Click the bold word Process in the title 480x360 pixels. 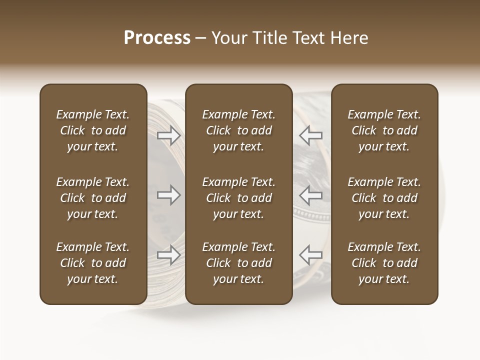coord(157,38)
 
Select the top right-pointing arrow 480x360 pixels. coord(168,135)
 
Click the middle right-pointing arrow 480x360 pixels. coord(168,195)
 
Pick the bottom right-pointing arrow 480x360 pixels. coord(168,255)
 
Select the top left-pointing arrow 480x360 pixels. coord(310,135)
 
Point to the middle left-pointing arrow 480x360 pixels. coord(310,195)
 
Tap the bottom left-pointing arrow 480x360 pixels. coord(310,255)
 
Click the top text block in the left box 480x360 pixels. coord(93,130)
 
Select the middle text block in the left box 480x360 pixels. coord(93,198)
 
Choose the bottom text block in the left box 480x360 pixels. coord(93,263)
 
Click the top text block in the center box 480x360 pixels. coord(239,130)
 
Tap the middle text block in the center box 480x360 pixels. coord(239,198)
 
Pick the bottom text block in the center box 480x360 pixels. coord(239,263)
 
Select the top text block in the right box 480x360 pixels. coord(384,130)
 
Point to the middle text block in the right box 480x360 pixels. coord(384,198)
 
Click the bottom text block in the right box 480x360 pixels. coord(384,263)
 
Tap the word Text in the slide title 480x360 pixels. coord(308,38)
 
